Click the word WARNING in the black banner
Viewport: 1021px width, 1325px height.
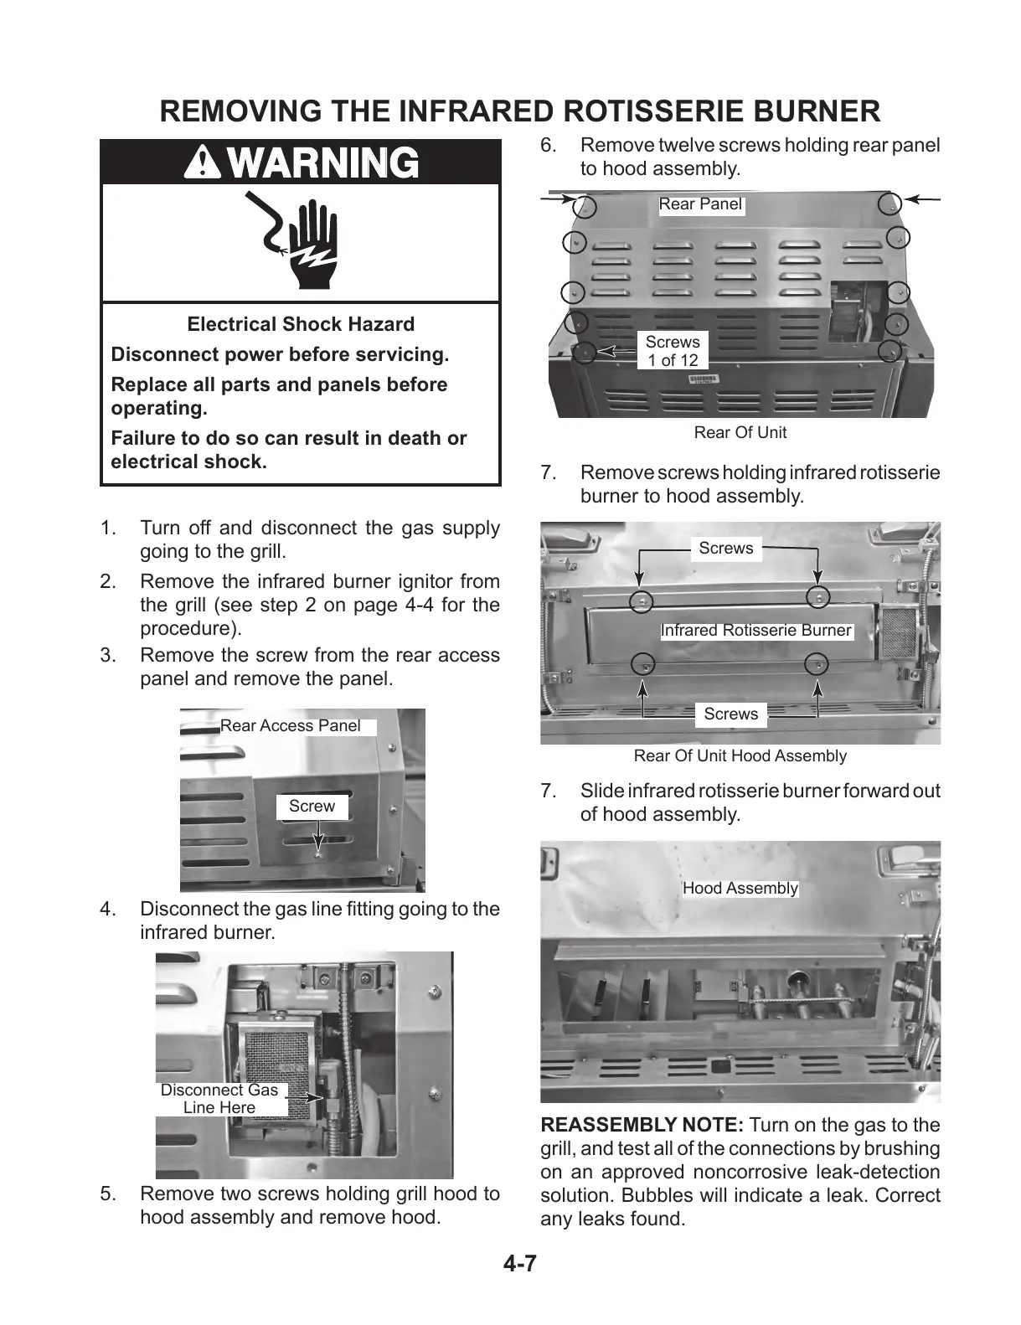(x=327, y=162)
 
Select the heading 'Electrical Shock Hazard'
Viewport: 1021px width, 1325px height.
(x=301, y=324)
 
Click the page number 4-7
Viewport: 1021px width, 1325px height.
(x=519, y=1264)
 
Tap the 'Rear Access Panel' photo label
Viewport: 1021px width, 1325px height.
(x=291, y=726)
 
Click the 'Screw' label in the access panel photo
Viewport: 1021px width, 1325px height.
(x=312, y=806)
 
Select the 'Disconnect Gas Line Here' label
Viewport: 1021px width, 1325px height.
(x=219, y=1099)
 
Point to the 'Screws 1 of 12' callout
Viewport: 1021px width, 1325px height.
(x=673, y=351)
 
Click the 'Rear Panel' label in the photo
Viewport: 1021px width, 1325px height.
(x=700, y=204)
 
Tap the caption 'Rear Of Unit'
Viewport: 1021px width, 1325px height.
(x=740, y=433)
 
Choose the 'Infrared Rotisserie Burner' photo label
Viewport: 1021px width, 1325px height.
(x=755, y=631)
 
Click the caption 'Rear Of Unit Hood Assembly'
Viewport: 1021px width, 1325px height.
(x=740, y=756)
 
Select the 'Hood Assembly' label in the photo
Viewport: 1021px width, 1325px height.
(x=740, y=889)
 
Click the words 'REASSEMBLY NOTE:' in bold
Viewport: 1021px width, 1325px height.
(x=642, y=1125)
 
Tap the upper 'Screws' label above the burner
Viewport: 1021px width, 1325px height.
(x=726, y=549)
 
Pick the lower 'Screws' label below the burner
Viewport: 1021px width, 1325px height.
(x=730, y=714)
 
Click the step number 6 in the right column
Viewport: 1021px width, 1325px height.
(x=548, y=146)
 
